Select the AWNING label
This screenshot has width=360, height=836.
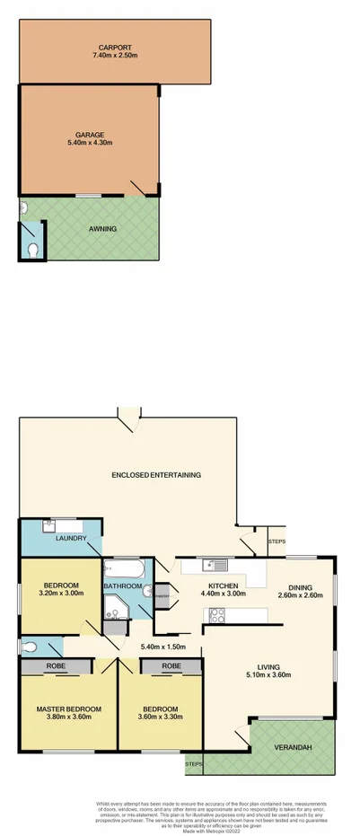coord(102,229)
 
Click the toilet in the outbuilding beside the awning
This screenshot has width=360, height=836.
coord(31,249)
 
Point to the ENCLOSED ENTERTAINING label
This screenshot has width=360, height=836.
coord(155,474)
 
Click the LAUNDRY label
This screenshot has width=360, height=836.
coord(70,538)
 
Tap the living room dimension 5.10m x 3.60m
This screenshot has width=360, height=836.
coord(268,674)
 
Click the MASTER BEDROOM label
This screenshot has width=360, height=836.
coord(68,708)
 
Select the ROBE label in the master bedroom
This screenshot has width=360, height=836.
coord(56,667)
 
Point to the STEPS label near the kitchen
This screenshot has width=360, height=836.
coord(277,541)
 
